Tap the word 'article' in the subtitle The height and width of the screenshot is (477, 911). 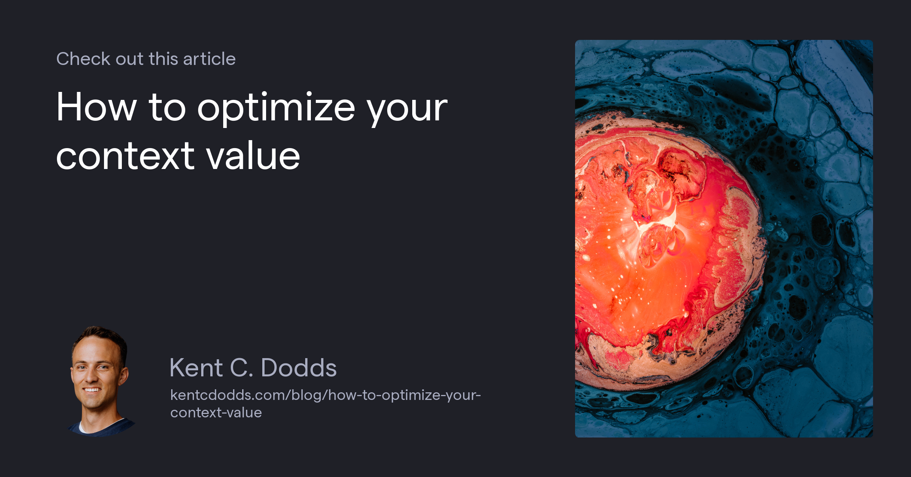[209, 59]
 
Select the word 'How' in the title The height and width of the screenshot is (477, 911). [96, 107]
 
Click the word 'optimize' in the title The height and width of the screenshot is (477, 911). [276, 108]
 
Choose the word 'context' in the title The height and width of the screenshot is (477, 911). [125, 156]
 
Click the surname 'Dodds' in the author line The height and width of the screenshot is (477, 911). [299, 368]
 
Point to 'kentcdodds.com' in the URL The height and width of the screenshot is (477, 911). [227, 395]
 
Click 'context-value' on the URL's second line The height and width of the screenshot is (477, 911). [216, 413]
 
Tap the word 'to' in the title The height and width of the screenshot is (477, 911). [167, 107]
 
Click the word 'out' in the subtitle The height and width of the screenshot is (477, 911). [129, 59]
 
